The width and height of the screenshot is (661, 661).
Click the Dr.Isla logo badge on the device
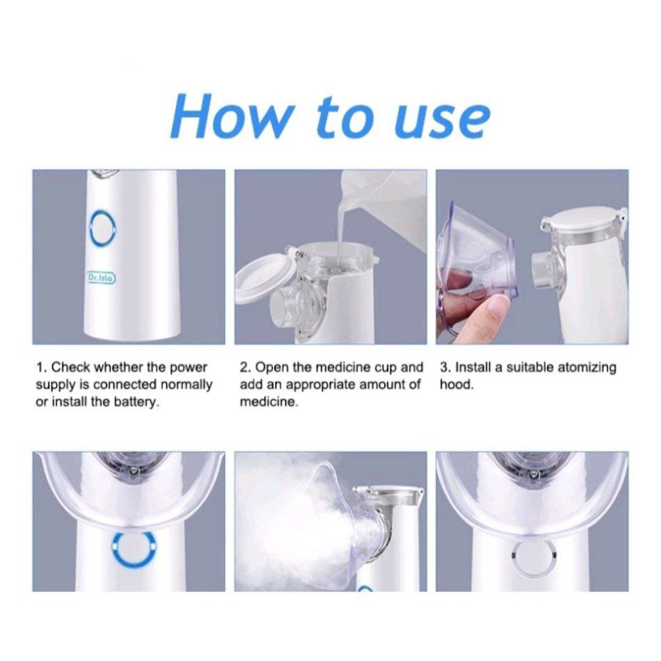click(101, 278)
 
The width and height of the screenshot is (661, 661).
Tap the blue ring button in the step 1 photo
click(102, 228)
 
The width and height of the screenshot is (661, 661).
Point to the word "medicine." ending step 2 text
click(269, 401)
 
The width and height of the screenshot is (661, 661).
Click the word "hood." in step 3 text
click(457, 385)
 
